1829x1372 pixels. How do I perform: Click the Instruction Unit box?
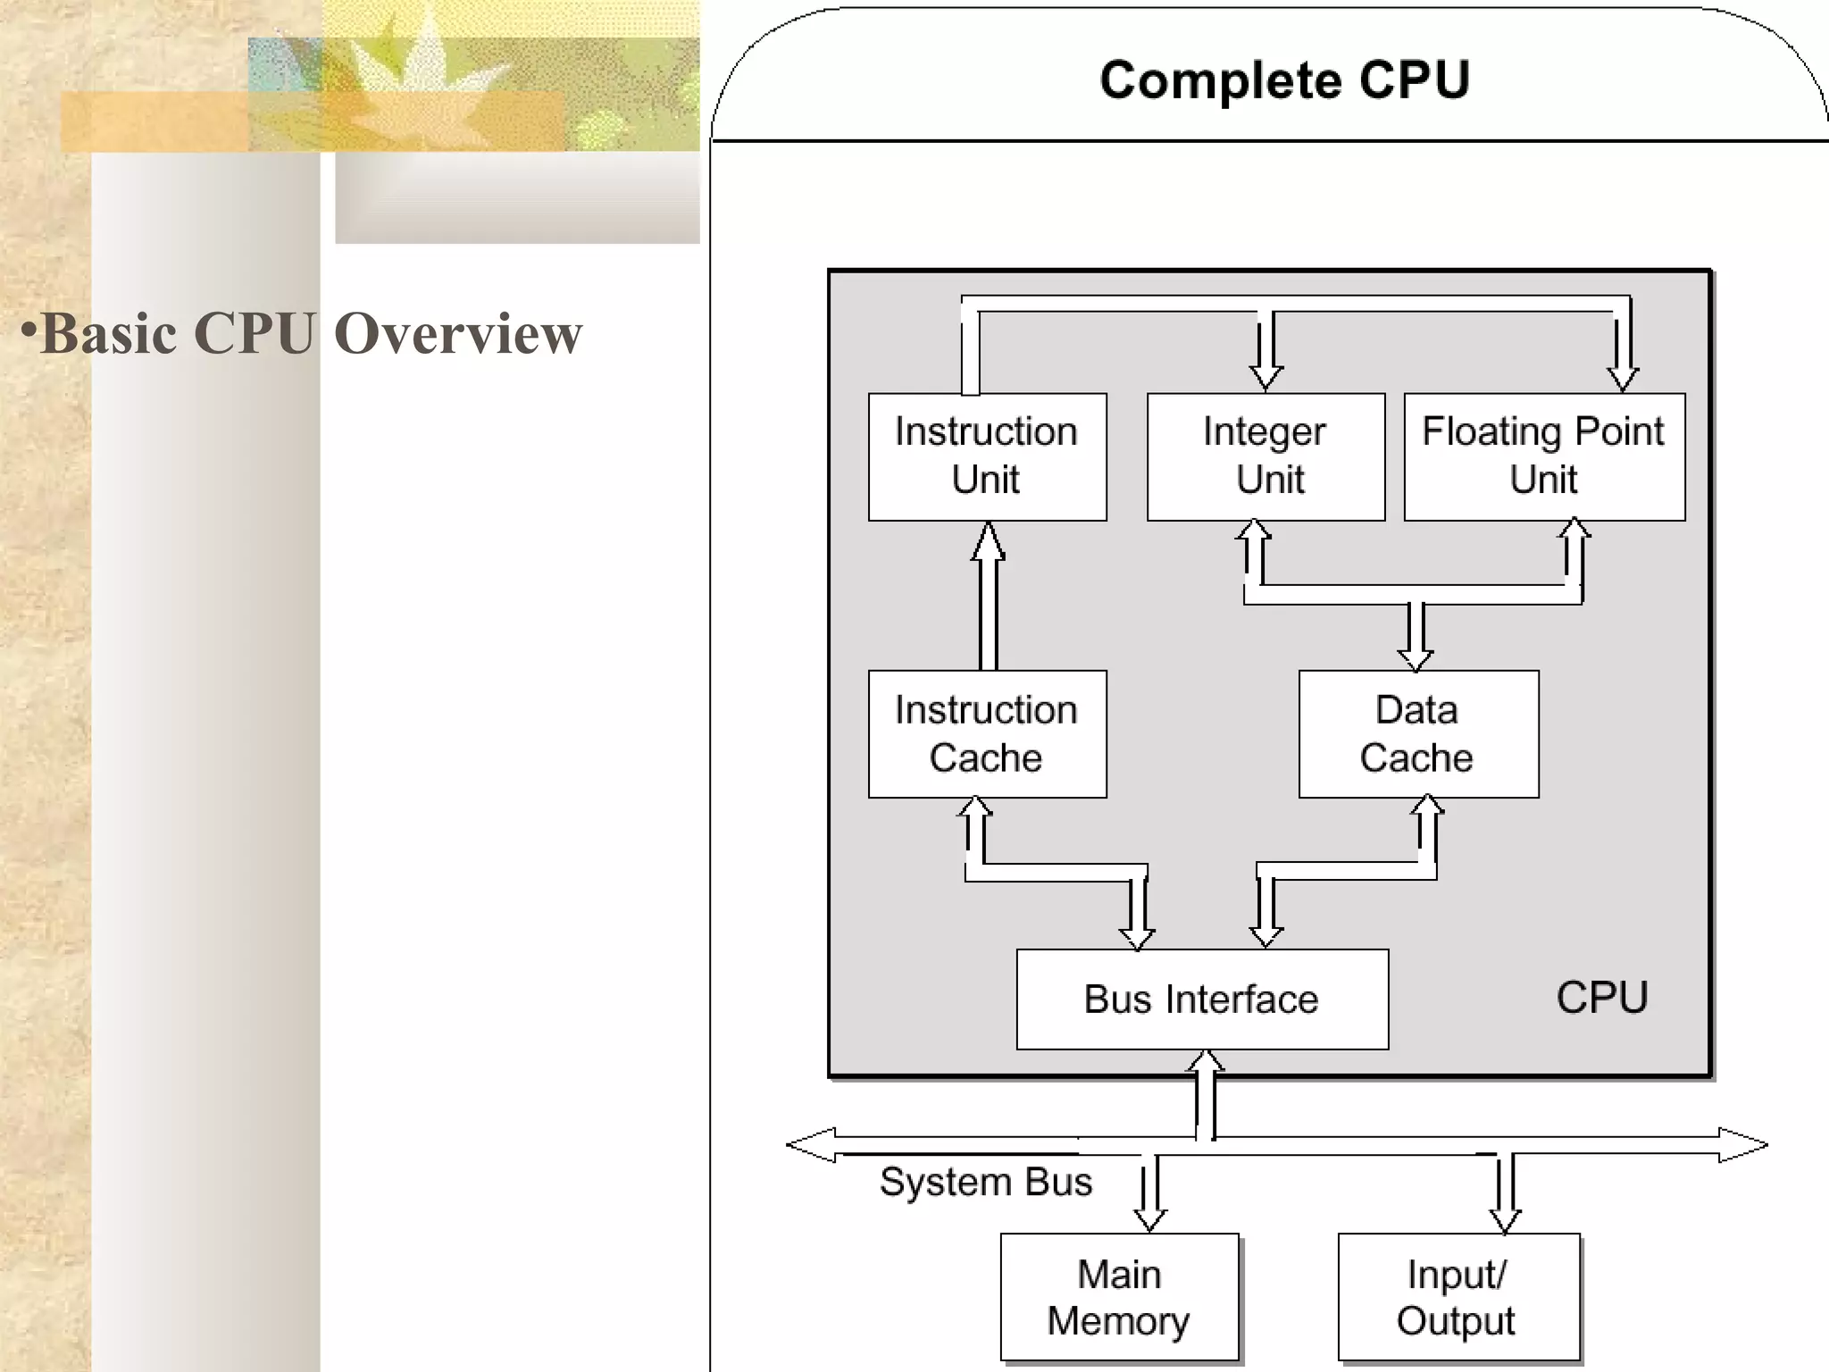[987, 456]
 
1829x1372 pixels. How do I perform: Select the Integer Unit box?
[1265, 456]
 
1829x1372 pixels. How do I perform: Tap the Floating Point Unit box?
[1544, 456]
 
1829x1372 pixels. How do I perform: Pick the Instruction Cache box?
[987, 733]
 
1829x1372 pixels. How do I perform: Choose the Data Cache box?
[1418, 733]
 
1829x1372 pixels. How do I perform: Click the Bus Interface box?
[1202, 999]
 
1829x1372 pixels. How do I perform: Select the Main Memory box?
[1119, 1297]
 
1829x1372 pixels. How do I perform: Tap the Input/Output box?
[1458, 1297]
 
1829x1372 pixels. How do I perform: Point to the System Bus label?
[986, 1182]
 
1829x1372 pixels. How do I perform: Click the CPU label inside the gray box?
[1602, 997]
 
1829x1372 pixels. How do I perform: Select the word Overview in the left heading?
[458, 333]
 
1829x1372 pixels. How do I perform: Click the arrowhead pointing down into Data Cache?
[1416, 659]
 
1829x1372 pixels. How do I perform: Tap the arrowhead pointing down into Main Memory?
[1149, 1219]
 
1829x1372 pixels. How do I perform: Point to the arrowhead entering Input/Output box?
[1505, 1220]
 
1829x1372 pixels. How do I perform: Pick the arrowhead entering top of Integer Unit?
[1265, 376]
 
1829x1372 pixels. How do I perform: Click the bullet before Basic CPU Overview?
[29, 330]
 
